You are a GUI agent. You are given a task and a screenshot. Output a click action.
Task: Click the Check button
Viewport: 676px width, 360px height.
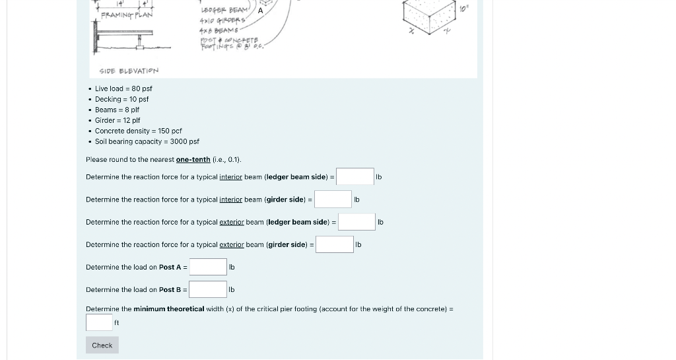tap(102, 345)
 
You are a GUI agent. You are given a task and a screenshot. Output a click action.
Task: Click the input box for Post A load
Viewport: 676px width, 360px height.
tap(208, 267)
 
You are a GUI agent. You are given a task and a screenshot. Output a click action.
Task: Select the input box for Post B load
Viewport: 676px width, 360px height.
tap(208, 289)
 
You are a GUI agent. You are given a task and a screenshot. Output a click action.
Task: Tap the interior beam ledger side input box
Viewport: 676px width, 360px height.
tap(355, 176)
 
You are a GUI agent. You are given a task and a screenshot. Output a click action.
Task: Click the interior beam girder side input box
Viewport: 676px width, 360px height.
tap(333, 199)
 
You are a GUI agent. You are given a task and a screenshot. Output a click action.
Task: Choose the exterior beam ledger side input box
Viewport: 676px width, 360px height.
tap(357, 222)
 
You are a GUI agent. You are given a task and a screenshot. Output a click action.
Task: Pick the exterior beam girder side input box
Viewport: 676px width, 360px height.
tap(335, 244)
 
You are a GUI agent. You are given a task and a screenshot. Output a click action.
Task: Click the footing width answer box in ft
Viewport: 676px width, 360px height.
tap(99, 322)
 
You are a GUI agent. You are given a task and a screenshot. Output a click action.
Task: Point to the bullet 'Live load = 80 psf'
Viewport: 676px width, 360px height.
tap(123, 89)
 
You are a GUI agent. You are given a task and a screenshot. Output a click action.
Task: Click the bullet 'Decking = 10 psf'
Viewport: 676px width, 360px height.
tap(121, 99)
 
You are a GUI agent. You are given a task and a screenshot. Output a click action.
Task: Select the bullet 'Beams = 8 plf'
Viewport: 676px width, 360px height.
tap(117, 110)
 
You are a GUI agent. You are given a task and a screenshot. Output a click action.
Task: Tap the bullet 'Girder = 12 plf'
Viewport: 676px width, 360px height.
tap(118, 120)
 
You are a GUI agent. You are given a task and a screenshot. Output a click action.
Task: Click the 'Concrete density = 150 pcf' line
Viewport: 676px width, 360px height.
tap(138, 131)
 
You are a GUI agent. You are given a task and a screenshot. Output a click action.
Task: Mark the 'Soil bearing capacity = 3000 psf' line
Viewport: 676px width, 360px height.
tap(147, 141)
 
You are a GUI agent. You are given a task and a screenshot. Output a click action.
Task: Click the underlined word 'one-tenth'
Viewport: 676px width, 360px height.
tap(193, 160)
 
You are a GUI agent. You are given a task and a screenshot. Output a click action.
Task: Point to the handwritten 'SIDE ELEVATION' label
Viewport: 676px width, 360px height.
tap(129, 71)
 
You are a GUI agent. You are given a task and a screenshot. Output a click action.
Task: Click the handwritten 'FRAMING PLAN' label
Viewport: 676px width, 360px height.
tap(127, 15)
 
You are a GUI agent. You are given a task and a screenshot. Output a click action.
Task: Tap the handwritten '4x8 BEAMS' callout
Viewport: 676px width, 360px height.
tap(219, 30)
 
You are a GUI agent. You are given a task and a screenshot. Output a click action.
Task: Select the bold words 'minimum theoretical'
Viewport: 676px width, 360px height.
tap(168, 309)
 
